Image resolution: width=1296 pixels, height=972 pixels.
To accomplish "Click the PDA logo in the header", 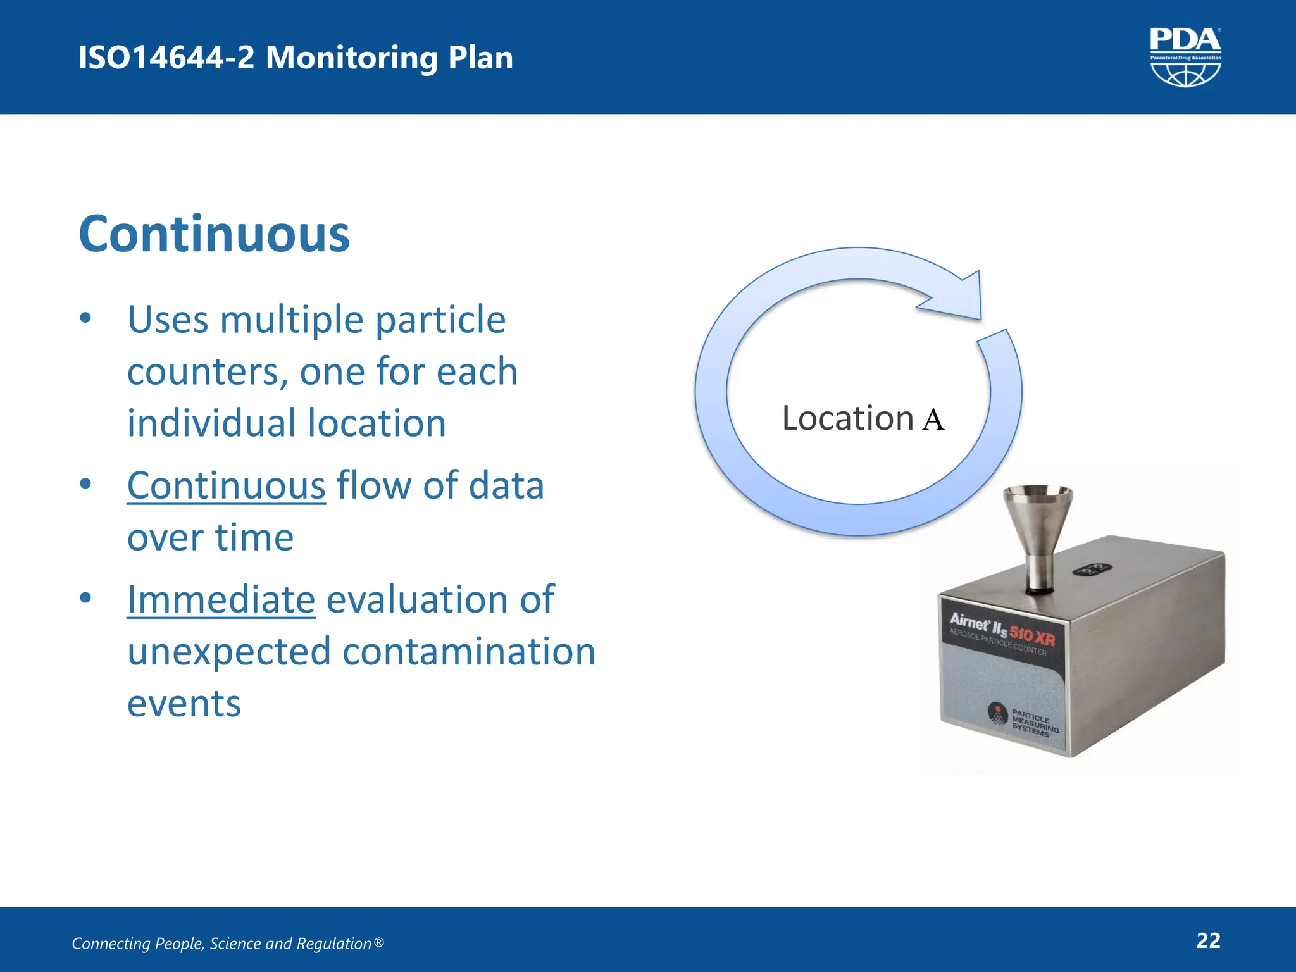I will (1185, 57).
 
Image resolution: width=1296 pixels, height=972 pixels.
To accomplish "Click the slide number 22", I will (1208, 940).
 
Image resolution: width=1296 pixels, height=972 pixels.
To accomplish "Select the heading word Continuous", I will (214, 235).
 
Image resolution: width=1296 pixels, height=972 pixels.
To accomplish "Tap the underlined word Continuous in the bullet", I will (226, 486).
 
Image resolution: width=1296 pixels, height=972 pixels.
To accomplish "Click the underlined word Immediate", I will (221, 600).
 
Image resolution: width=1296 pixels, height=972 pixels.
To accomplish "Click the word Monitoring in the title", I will (352, 58).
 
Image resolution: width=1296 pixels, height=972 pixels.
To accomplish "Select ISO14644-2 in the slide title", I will (166, 58).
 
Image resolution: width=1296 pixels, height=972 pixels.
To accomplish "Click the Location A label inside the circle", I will (863, 419).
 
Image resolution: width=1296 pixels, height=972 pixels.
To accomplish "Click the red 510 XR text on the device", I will (1031, 635).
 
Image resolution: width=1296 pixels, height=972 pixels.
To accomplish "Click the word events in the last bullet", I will (184, 704).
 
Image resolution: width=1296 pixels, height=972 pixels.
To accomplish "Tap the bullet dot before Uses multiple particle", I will (86, 318).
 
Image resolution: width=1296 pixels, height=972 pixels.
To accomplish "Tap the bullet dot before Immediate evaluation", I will (86, 597).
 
